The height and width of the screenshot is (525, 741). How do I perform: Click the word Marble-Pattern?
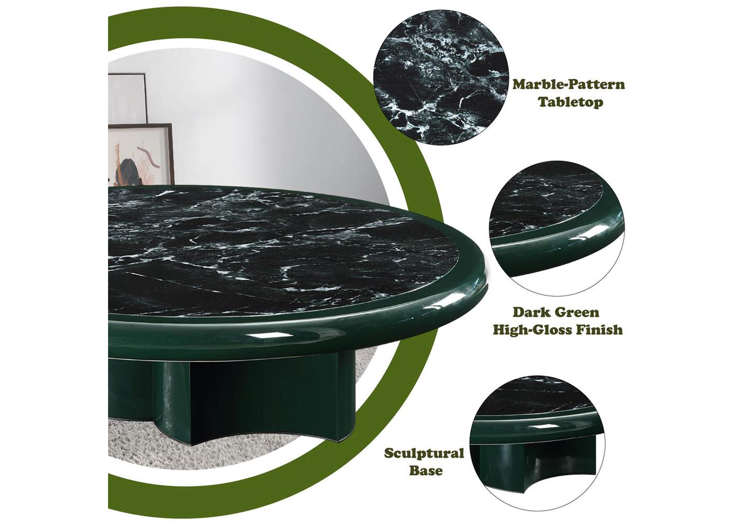click(568, 84)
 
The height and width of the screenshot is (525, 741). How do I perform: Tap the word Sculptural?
click(424, 453)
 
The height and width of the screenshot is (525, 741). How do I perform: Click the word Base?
click(426, 471)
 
